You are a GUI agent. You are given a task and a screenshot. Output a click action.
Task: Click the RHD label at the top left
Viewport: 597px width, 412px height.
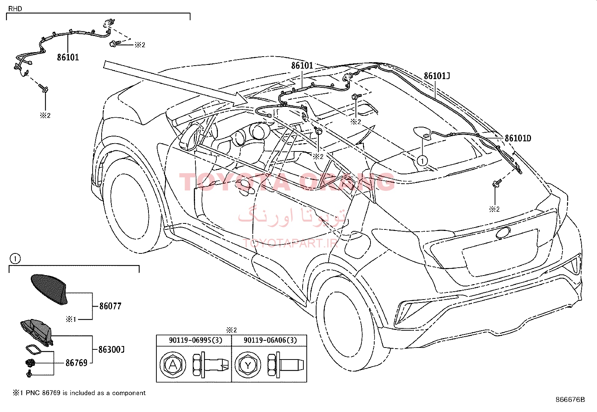(15, 9)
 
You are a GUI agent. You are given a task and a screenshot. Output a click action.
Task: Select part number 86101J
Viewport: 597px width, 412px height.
(437, 76)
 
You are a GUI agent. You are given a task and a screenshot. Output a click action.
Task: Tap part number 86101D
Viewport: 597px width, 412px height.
(518, 138)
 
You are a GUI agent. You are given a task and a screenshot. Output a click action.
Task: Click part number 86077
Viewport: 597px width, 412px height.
(110, 306)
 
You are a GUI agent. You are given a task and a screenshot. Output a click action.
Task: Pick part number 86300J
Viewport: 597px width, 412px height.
(111, 349)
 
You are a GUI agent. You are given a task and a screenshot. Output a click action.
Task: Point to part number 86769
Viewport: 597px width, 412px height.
(76, 363)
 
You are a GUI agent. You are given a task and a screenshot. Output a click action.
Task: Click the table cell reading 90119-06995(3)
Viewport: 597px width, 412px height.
(196, 340)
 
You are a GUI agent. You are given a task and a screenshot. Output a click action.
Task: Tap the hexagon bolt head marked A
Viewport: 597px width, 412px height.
(173, 364)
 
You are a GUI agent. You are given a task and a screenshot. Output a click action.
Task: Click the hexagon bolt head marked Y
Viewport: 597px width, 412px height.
(248, 364)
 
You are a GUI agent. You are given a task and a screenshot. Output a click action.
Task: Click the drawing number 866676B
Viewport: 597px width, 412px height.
(570, 400)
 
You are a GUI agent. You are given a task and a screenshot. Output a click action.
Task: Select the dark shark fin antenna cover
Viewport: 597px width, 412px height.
(49, 289)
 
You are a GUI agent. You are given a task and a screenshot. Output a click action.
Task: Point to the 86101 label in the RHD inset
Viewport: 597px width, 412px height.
(68, 57)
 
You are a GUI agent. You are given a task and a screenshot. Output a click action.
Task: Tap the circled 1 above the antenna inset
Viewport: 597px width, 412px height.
(15, 259)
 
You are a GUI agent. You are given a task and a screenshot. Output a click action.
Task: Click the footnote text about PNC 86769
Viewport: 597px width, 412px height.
(79, 393)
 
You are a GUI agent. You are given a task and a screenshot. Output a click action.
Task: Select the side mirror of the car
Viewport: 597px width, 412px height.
(191, 136)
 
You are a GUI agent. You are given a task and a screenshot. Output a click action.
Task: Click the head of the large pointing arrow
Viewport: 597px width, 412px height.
(241, 98)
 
